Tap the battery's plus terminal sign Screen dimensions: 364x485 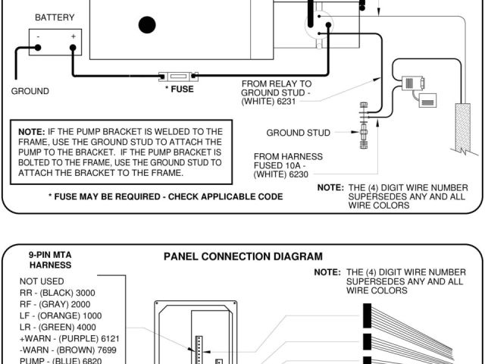point(74,36)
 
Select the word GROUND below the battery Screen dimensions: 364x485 point(30,91)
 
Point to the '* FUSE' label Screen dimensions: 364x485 point(179,89)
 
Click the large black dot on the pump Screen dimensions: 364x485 point(147,24)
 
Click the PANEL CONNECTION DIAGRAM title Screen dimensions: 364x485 point(242,256)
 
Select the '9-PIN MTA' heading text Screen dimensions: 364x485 point(49,255)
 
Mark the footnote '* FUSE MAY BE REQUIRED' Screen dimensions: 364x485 point(165,196)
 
